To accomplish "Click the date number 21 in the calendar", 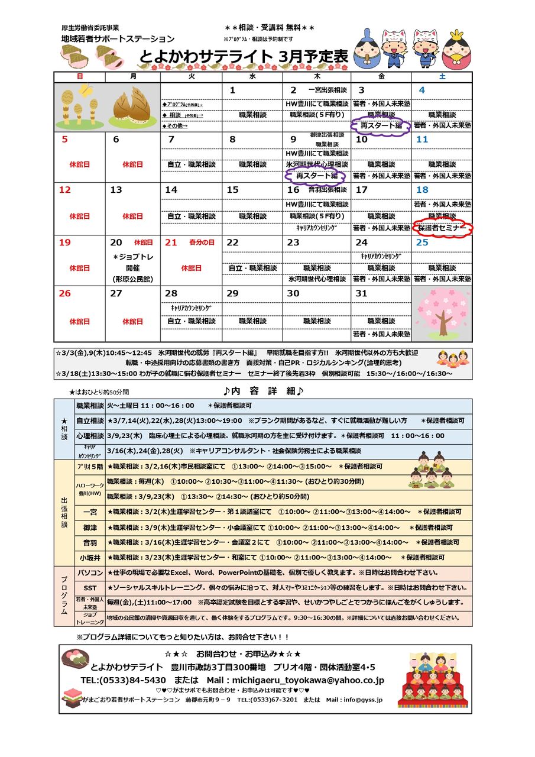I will click(171, 242).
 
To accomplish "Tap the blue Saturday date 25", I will click(422, 242).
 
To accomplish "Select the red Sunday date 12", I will click(65, 190).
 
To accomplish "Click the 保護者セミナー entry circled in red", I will click(442, 228).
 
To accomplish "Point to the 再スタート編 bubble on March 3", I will click(381, 126).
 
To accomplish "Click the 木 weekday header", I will click(316, 77).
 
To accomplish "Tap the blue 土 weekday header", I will click(442, 77).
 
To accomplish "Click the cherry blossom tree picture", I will click(442, 313).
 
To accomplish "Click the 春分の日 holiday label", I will click(202, 242).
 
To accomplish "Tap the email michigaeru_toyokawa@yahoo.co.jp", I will click(308, 680).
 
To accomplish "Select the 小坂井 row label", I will click(90, 557).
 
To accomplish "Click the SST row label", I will click(90, 588).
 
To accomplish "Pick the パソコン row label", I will click(90, 572).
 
